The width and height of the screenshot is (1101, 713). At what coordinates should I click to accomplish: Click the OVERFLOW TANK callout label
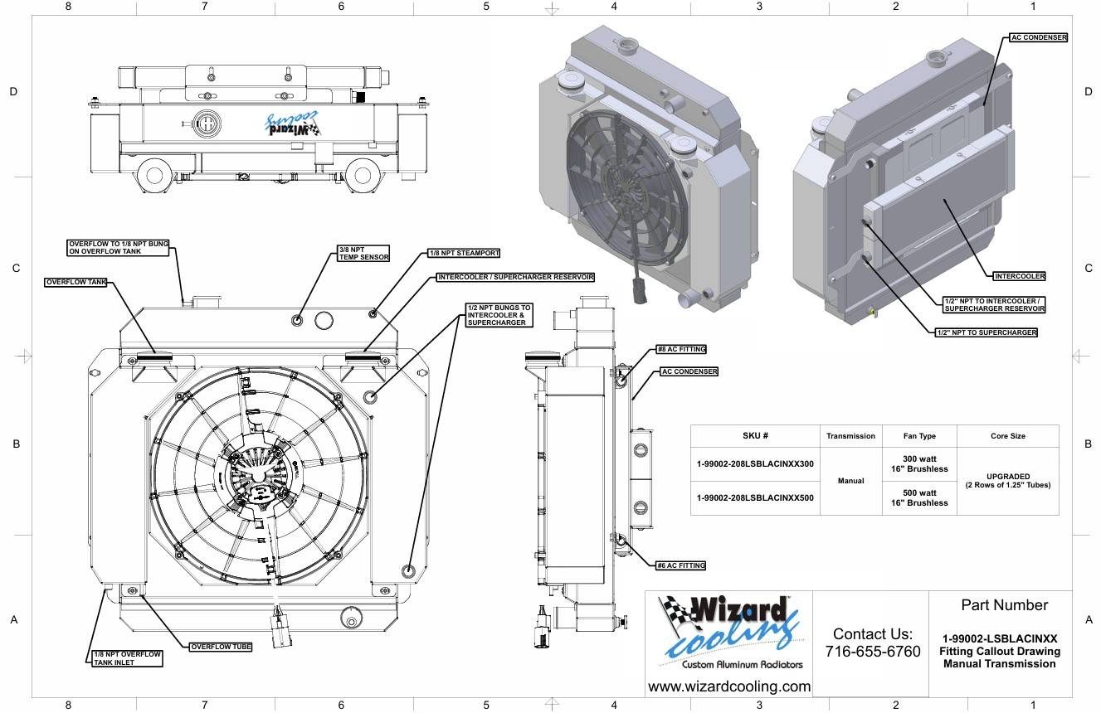[x=76, y=283]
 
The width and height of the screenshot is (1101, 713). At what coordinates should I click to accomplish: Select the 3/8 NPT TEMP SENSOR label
[x=363, y=253]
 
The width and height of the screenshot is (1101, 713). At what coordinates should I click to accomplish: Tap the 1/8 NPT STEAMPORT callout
[x=464, y=253]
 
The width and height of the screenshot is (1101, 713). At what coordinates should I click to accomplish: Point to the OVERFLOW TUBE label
[x=221, y=647]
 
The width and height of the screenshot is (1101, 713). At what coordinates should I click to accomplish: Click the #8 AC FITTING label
[x=680, y=350]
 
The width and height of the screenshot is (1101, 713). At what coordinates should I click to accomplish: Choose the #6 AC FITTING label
[x=680, y=565]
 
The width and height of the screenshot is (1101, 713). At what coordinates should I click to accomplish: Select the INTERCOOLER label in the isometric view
[x=1019, y=276]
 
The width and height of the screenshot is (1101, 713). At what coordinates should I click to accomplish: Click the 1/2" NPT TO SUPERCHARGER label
[x=986, y=332]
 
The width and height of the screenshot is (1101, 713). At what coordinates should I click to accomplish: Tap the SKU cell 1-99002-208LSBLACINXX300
[x=755, y=464]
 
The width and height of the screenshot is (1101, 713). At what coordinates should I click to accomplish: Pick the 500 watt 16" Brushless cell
[x=919, y=497]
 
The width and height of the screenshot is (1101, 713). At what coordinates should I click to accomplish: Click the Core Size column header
[x=1007, y=436]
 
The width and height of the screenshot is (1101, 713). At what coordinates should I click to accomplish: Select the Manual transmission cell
[x=850, y=481]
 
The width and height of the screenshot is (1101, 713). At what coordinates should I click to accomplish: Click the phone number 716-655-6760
[x=872, y=652]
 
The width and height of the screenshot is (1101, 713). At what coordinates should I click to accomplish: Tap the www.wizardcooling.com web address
[x=728, y=686]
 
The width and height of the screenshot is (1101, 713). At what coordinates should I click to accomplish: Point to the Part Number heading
[x=1004, y=605]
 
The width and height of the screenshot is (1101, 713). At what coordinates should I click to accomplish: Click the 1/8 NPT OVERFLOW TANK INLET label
[x=127, y=658]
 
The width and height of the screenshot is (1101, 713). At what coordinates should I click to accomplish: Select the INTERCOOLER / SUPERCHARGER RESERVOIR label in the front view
[x=515, y=277]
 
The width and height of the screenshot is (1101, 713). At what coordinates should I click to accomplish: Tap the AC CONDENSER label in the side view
[x=689, y=371]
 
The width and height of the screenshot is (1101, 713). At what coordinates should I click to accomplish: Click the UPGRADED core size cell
[x=1007, y=481]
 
